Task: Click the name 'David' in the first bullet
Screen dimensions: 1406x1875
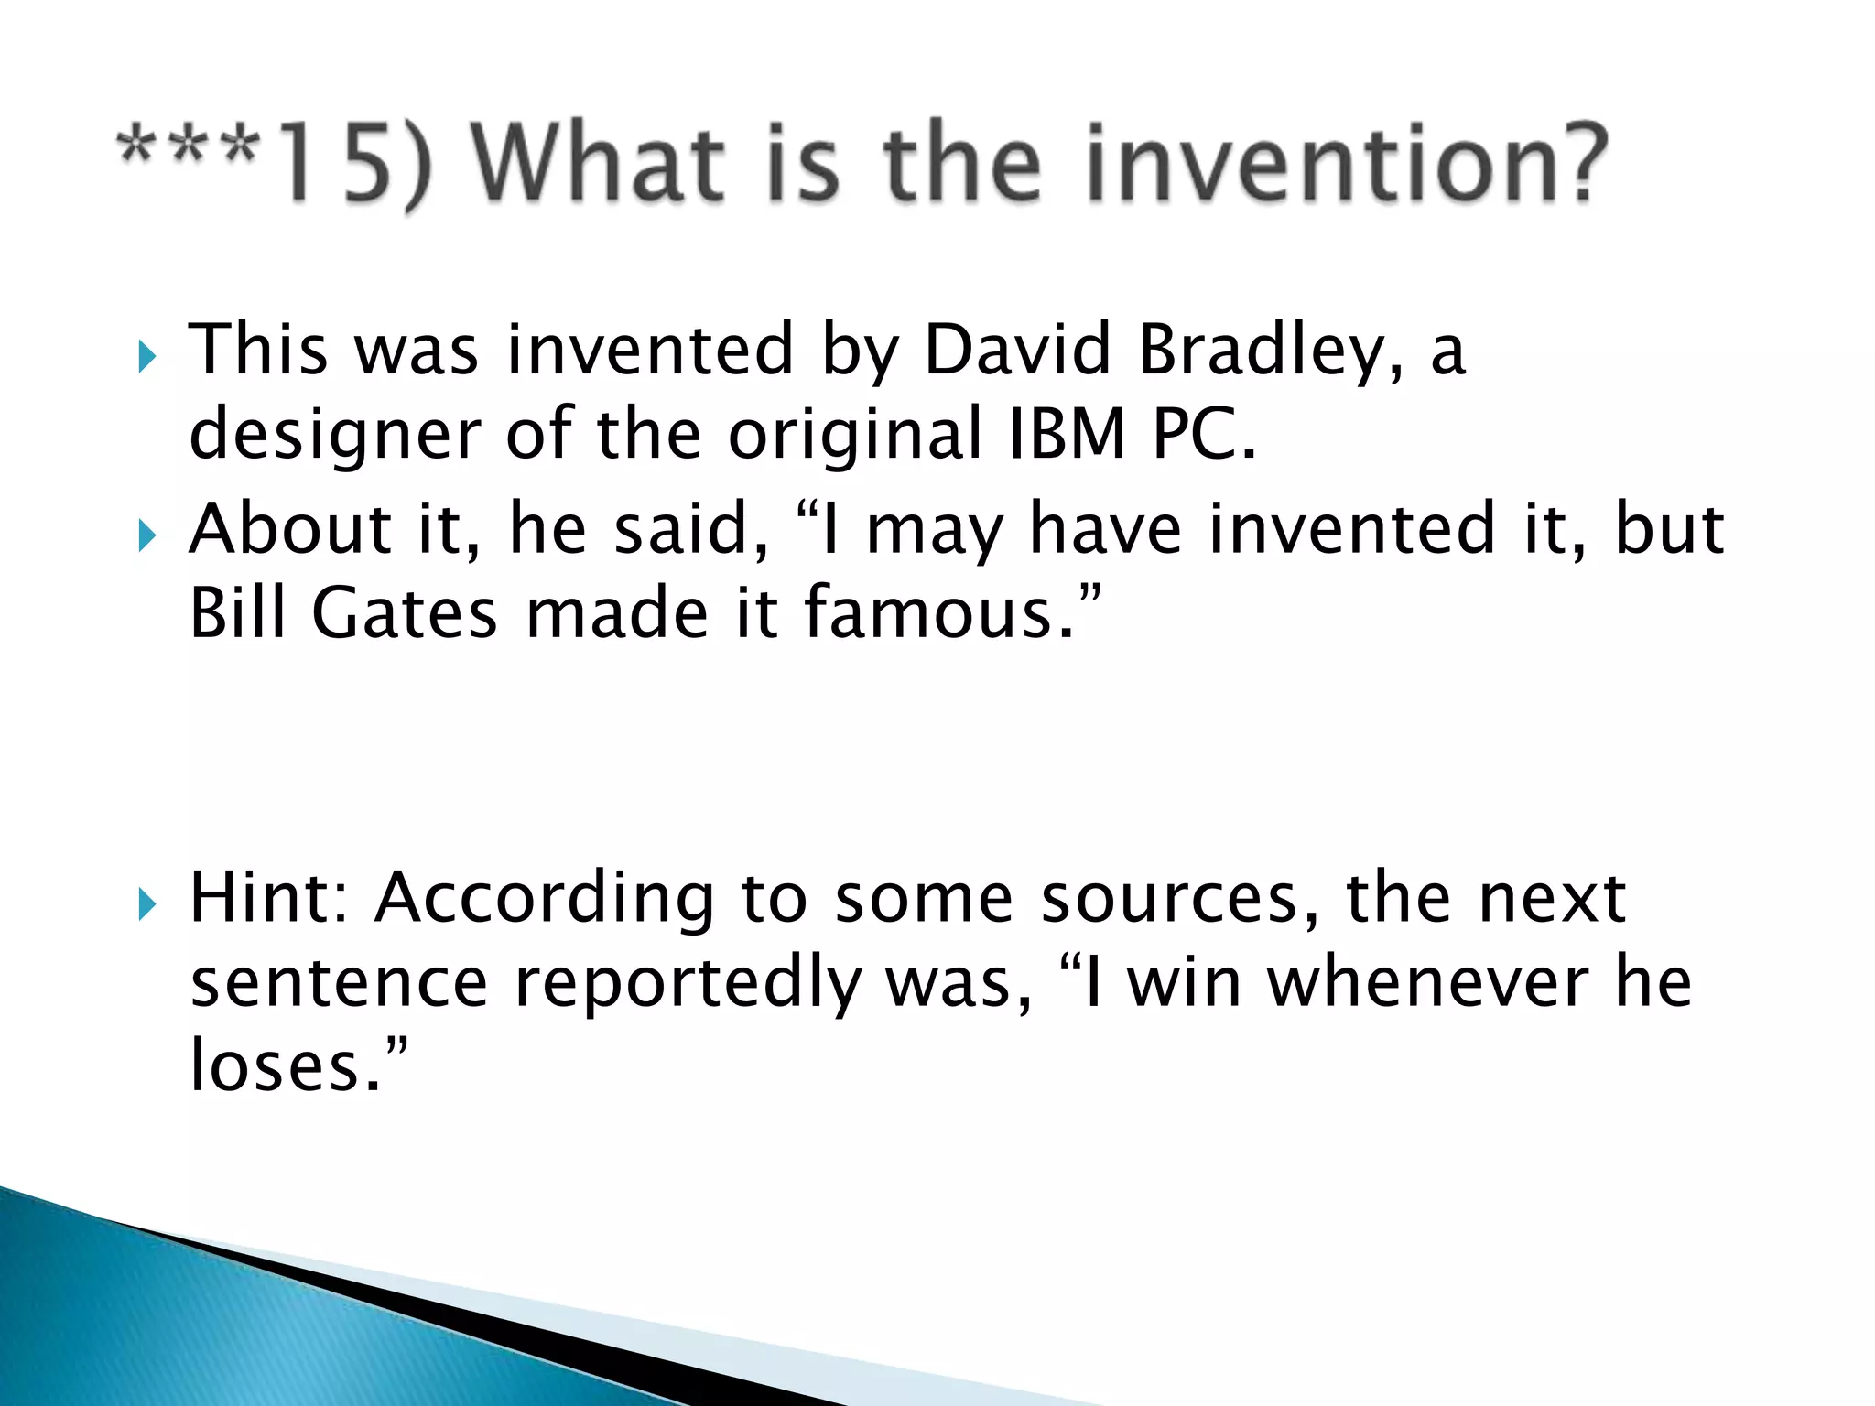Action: click(1017, 350)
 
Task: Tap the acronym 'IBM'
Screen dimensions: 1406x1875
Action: click(1067, 433)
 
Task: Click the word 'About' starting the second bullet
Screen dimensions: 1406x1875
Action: click(290, 529)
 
